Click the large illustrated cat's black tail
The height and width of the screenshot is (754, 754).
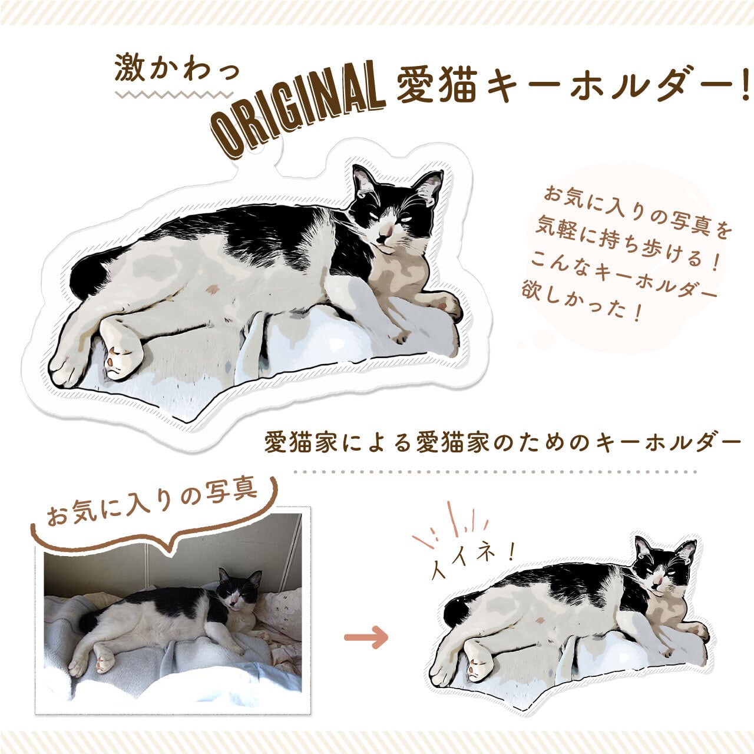tap(88, 275)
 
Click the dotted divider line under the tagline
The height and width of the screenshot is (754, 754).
tap(495, 472)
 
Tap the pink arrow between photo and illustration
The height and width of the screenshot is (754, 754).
tap(366, 637)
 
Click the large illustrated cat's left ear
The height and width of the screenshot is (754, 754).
tap(362, 180)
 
